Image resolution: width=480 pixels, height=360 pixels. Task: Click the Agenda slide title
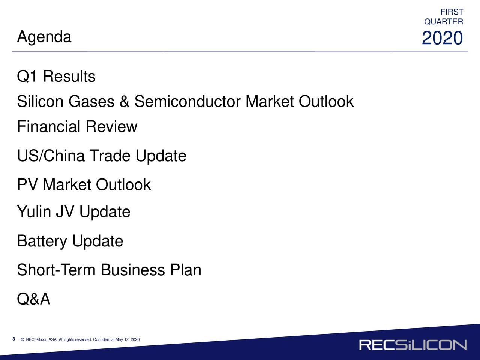[44, 37]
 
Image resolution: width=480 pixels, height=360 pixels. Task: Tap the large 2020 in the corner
[442, 38]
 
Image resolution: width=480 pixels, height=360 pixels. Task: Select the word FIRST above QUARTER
[451, 12]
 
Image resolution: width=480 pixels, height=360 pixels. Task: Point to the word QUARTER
[444, 22]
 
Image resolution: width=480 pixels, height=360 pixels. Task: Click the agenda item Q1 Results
[56, 76]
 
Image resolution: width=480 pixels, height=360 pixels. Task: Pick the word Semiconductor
[187, 101]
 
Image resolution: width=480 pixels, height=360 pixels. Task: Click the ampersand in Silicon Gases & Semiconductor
[124, 101]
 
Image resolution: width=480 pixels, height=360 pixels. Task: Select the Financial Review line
[77, 126]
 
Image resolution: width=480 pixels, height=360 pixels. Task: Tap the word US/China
[51, 156]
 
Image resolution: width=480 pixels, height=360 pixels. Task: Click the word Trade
[110, 156]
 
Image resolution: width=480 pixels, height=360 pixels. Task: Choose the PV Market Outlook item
[84, 185]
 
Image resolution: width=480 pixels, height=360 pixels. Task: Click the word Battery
[42, 241]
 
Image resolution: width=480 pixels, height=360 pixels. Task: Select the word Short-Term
[56, 270]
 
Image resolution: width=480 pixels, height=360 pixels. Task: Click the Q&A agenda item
[34, 298]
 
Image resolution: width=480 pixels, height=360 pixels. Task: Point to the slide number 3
[14, 339]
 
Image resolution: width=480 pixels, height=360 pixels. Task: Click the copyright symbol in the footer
[22, 339]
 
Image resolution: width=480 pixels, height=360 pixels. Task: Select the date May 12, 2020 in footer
[127, 339]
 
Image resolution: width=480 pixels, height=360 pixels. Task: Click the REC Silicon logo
[413, 345]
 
